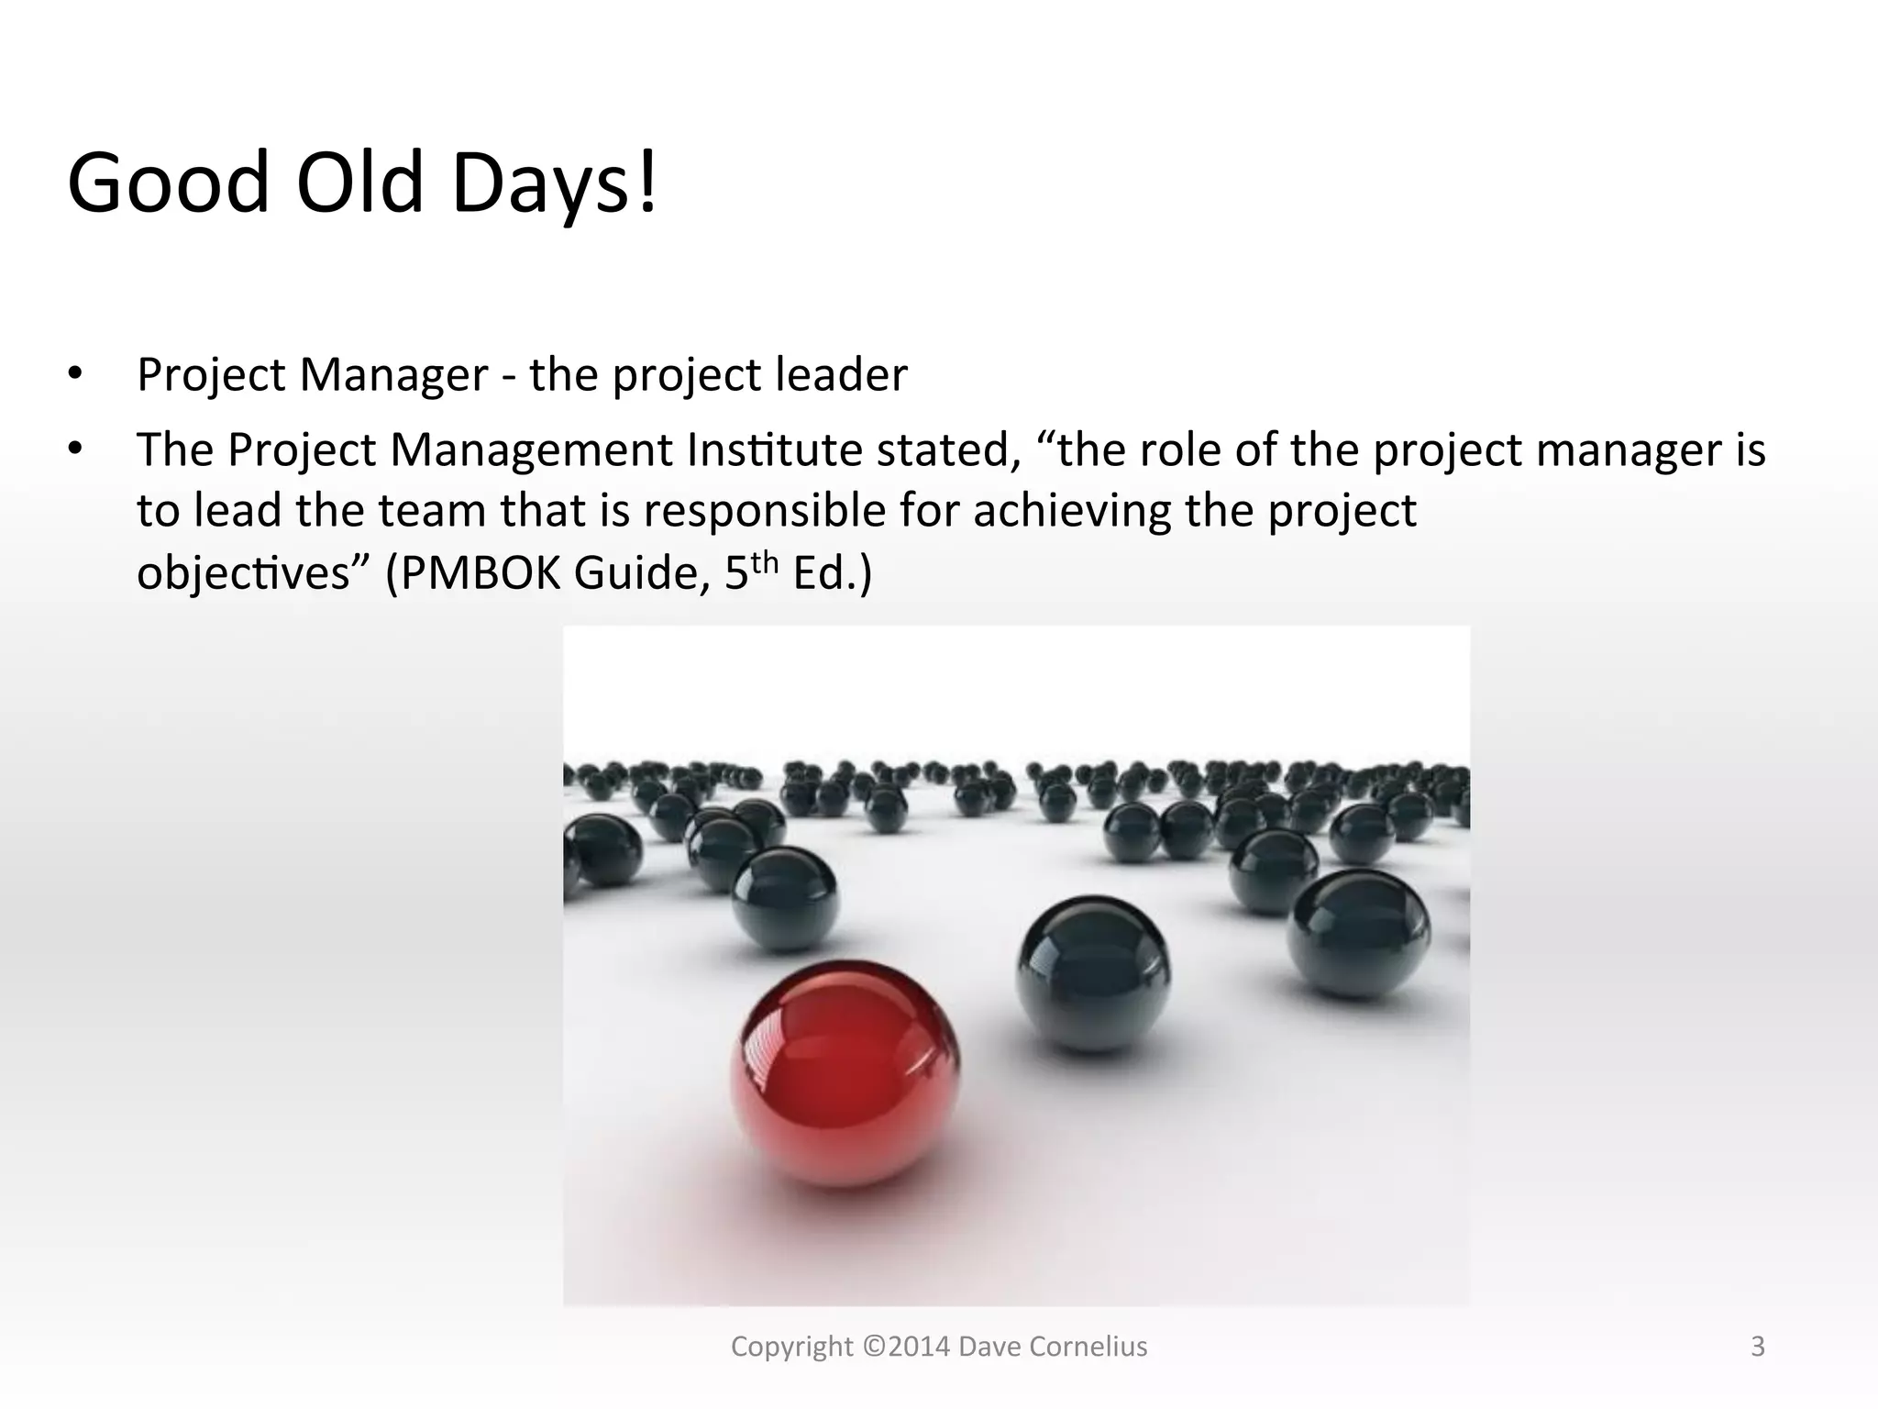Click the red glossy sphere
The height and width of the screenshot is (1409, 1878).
click(845, 1073)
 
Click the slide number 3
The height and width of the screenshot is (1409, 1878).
click(1757, 1347)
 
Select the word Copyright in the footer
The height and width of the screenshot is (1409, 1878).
click(792, 1347)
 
